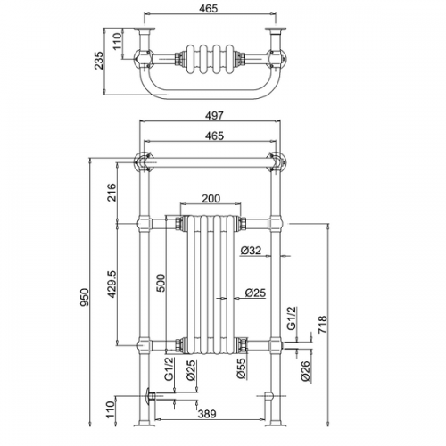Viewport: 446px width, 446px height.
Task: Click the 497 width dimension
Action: [214, 115]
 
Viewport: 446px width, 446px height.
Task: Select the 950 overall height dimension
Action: [85, 297]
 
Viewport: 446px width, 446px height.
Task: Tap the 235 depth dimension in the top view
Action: [98, 61]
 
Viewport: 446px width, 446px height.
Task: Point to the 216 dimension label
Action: [111, 193]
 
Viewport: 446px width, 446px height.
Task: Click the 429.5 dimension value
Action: [111, 285]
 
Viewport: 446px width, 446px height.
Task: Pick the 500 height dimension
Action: [161, 283]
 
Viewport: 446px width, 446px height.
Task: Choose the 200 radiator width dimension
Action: [211, 198]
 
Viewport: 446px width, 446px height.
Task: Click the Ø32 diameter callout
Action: [251, 251]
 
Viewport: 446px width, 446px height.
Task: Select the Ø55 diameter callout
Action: [242, 368]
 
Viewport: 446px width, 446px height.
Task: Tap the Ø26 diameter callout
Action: [305, 371]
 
